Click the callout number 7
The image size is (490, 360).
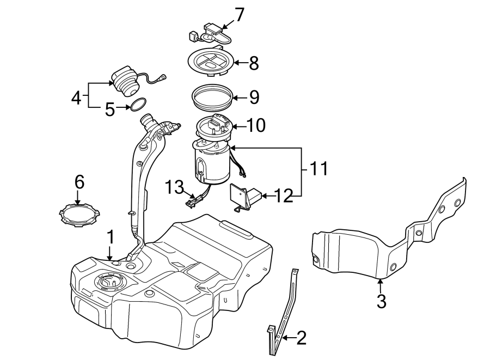[239, 15]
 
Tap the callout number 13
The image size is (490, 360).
[174, 187]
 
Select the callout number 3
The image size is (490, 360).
[381, 301]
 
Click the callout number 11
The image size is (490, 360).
[318, 168]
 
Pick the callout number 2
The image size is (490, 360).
[301, 338]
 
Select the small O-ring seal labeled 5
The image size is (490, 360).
[138, 104]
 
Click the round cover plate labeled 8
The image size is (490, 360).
[211, 61]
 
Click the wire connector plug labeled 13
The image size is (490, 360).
[193, 202]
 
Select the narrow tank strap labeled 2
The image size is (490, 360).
[283, 312]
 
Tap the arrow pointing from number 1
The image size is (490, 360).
[109, 253]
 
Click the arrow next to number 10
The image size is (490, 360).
[239, 126]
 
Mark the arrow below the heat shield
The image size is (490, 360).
[381, 285]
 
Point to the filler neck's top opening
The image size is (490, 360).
[145, 119]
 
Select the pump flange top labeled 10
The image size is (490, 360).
[214, 126]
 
